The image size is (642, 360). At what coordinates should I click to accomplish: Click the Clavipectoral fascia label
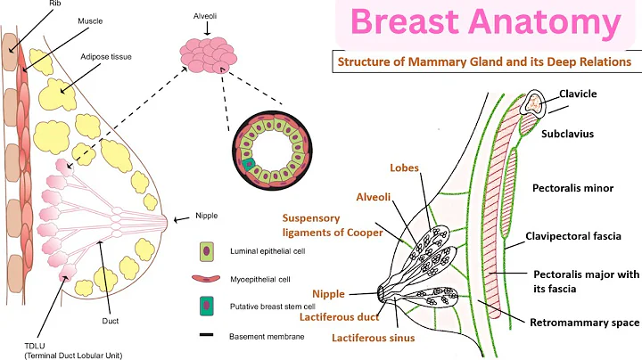(x=576, y=236)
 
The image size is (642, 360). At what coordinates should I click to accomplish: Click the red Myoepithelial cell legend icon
(x=207, y=279)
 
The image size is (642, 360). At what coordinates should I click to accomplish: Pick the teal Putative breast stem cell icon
(x=207, y=307)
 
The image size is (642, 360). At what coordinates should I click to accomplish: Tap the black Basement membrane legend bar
(x=207, y=337)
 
